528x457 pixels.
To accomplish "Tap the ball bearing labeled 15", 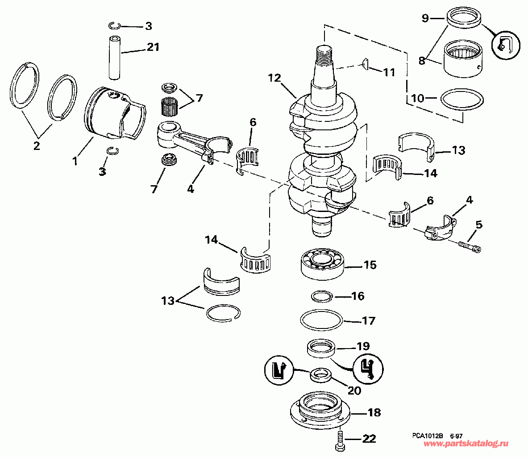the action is tap(323, 264).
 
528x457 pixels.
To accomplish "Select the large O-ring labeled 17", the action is tap(322, 320).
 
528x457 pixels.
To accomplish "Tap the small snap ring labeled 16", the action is tap(322, 296).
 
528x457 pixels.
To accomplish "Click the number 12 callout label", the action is tap(274, 78).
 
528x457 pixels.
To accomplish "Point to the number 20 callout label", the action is tap(354, 391).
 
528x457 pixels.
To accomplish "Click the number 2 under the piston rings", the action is tap(37, 146).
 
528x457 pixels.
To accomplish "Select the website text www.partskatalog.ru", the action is tap(466, 444).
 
